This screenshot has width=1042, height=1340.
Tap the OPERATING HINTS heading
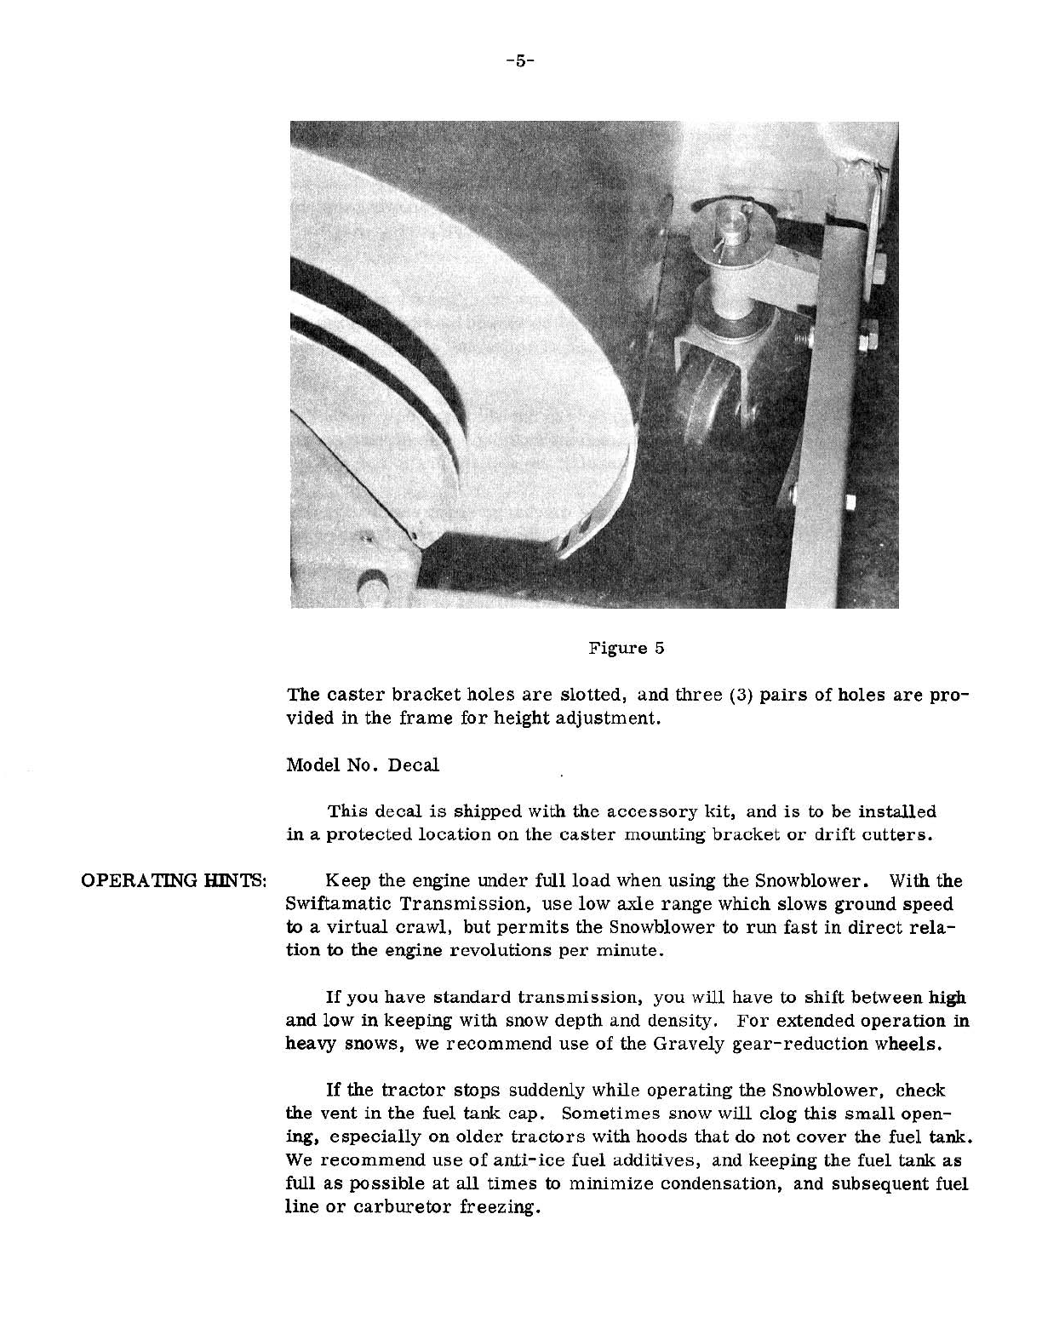pyautogui.click(x=175, y=880)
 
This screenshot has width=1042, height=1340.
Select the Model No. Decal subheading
pyautogui.click(x=363, y=764)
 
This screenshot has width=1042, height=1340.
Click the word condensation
pyautogui.click(x=716, y=1184)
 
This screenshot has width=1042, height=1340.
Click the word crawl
pyautogui.click(x=405, y=926)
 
